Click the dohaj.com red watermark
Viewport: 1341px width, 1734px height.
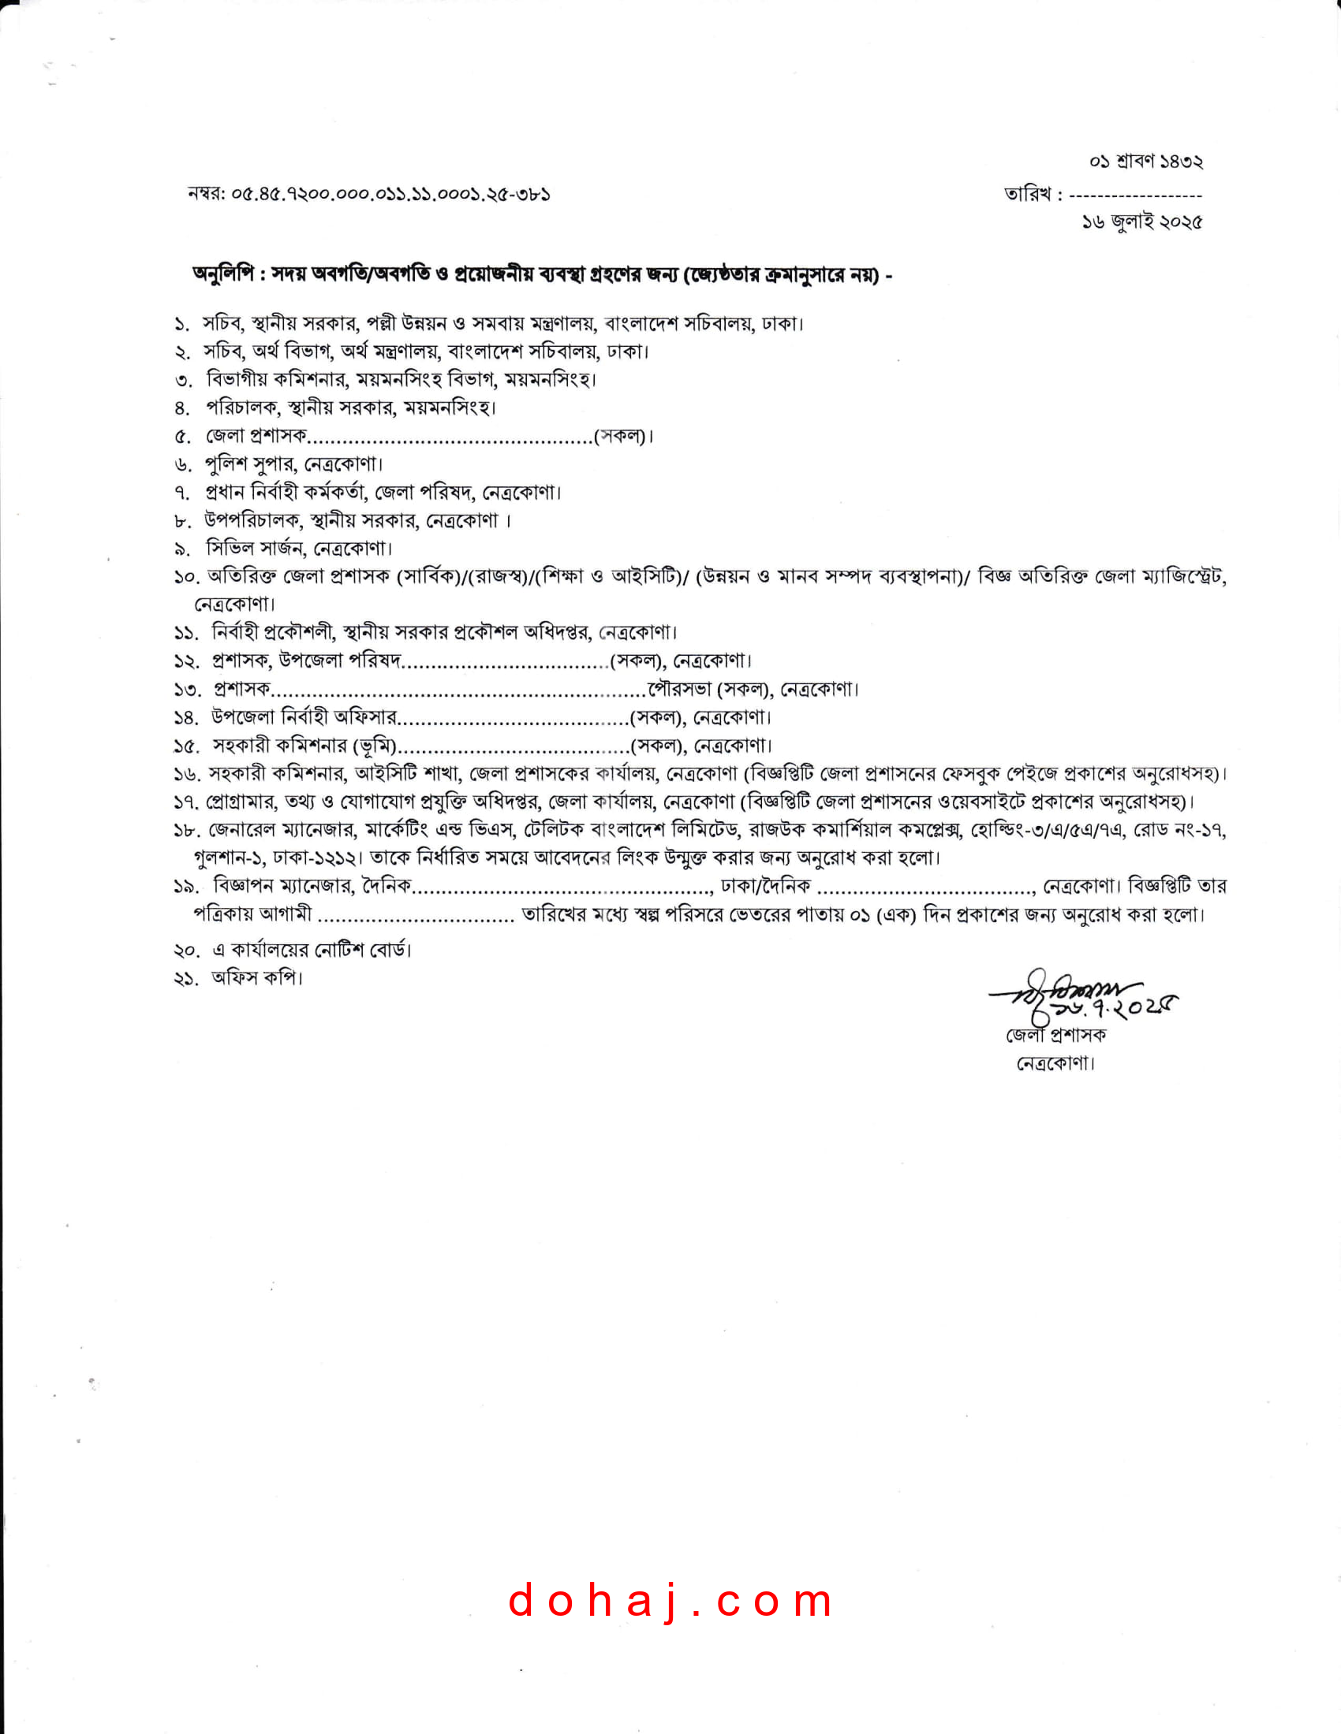670,1601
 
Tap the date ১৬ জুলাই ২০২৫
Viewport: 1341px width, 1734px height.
1141,222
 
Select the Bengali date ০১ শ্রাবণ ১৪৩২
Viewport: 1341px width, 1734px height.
1145,162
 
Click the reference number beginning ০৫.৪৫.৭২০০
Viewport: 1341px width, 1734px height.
390,195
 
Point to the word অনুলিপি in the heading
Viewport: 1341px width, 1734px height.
223,275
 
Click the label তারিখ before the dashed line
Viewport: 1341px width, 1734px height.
1027,195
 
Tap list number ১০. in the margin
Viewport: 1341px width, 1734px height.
185,577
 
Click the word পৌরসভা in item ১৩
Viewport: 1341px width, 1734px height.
679,689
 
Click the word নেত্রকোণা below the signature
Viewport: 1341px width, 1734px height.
1055,1064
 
